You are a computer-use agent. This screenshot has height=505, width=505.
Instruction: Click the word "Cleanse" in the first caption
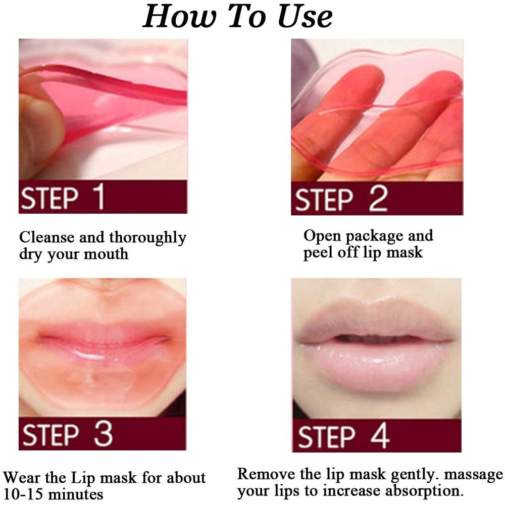[x=46, y=237]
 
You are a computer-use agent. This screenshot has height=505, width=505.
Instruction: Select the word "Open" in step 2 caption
[x=321, y=236]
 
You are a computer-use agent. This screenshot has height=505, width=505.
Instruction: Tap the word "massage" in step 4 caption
[x=469, y=475]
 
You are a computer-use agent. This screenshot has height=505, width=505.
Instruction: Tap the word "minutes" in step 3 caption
[x=78, y=493]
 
